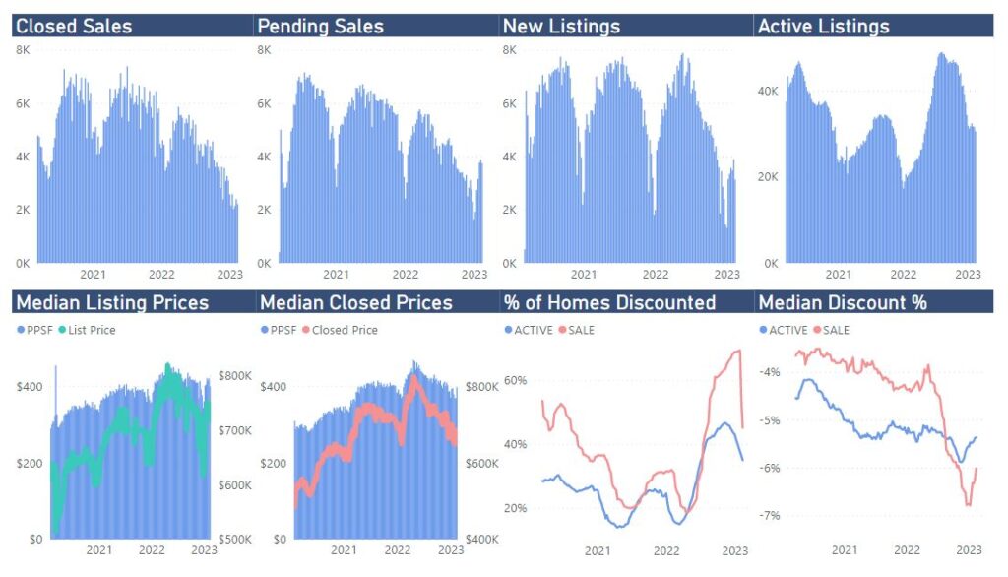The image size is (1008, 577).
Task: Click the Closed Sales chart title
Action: point(74,27)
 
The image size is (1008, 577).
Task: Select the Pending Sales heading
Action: point(320,27)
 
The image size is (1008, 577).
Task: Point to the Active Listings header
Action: point(823,27)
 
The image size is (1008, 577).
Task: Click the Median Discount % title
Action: point(843,302)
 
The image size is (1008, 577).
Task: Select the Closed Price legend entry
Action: point(345,330)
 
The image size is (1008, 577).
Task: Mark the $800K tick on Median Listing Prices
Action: point(234,375)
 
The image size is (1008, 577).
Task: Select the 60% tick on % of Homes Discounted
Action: point(516,379)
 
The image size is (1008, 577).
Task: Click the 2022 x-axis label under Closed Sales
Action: point(161,275)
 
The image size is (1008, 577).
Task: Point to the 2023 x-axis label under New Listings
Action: point(725,275)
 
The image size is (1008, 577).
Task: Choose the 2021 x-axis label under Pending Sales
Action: point(336,275)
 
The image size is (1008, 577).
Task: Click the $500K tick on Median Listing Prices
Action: point(234,540)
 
